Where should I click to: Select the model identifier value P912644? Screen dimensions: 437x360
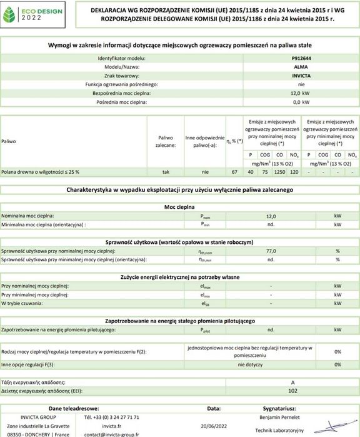point(301,57)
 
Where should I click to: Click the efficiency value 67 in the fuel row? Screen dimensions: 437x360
point(234,171)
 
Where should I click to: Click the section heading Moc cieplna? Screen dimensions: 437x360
point(179,206)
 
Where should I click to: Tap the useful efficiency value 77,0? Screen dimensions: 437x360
point(271,250)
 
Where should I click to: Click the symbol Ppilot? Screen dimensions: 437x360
point(206,329)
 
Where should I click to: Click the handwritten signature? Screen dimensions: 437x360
point(338,428)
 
